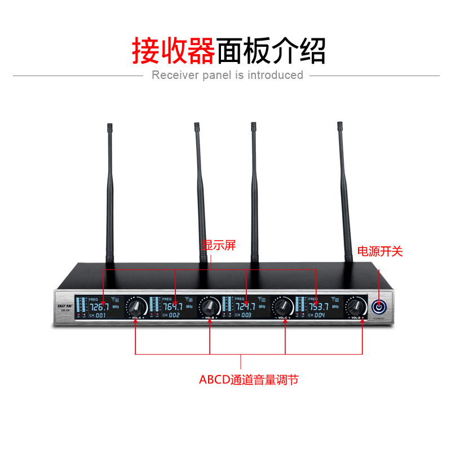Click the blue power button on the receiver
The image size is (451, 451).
pyautogui.click(x=379, y=307)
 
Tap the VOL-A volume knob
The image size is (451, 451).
pyautogui.click(x=135, y=307)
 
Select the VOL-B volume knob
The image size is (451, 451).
pyautogui.click(x=210, y=307)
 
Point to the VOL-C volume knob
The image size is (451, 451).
pyautogui.click(x=282, y=307)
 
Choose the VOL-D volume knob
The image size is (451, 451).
pyautogui.click(x=355, y=307)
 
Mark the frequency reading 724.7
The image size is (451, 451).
pyautogui.click(x=246, y=307)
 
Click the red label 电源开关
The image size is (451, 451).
pyautogui.click(x=381, y=251)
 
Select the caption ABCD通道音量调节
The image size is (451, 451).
pyautogui.click(x=248, y=379)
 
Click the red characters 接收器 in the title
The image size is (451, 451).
pyautogui.click(x=174, y=51)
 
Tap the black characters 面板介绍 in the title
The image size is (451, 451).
pyautogui.click(x=271, y=51)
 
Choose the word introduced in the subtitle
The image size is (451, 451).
pyautogui.click(x=275, y=75)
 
